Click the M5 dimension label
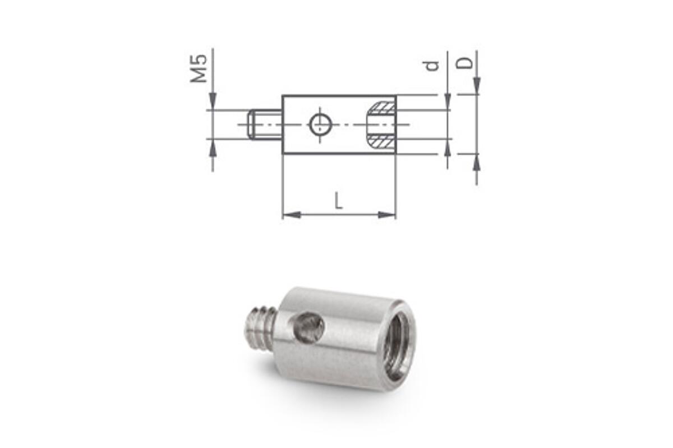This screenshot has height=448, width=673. pyautogui.click(x=199, y=68)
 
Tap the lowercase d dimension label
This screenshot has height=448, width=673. pyautogui.click(x=432, y=66)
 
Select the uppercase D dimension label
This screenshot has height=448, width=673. pyautogui.click(x=464, y=63)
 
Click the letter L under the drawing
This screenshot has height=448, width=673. pyautogui.click(x=338, y=201)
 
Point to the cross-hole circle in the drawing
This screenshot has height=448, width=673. pyautogui.click(x=321, y=124)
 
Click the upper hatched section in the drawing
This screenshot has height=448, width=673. pyautogui.click(x=381, y=108)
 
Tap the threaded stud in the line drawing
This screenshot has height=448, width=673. pyautogui.click(x=265, y=124)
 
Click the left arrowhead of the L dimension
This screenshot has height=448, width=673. pyautogui.click(x=292, y=215)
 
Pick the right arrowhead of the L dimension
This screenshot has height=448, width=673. pyautogui.click(x=386, y=215)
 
